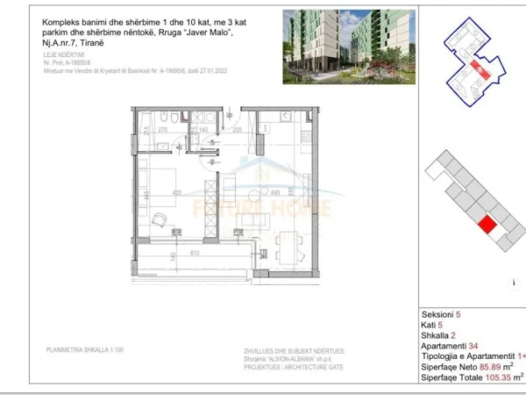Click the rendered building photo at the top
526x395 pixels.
348,47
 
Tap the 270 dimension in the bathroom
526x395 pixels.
163,130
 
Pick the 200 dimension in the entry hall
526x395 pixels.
238,130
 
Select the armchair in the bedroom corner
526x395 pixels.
160,220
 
